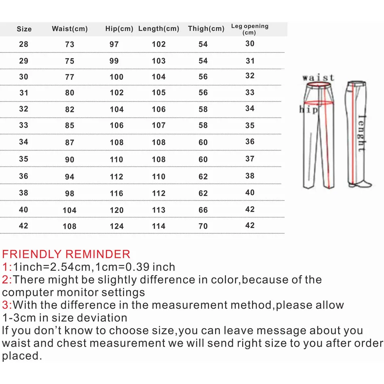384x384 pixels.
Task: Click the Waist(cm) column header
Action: click(x=70, y=29)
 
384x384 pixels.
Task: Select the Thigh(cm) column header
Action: click(x=206, y=29)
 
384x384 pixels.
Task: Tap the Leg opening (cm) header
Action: click(x=249, y=29)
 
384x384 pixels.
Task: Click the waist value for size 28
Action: click(x=70, y=44)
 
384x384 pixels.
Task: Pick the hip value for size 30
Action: click(x=116, y=77)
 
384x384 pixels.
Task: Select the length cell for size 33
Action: click(x=158, y=125)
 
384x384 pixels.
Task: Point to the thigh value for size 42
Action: click(x=203, y=226)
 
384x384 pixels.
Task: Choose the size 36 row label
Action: click(x=23, y=176)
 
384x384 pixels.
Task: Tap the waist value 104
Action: click(x=70, y=210)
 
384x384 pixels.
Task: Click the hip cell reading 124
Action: click(x=116, y=226)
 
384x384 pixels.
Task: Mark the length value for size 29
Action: click(x=158, y=61)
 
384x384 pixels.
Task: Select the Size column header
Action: click(x=24, y=29)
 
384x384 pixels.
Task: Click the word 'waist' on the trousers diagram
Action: click(x=318, y=77)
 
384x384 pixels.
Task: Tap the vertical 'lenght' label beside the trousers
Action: click(x=361, y=133)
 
